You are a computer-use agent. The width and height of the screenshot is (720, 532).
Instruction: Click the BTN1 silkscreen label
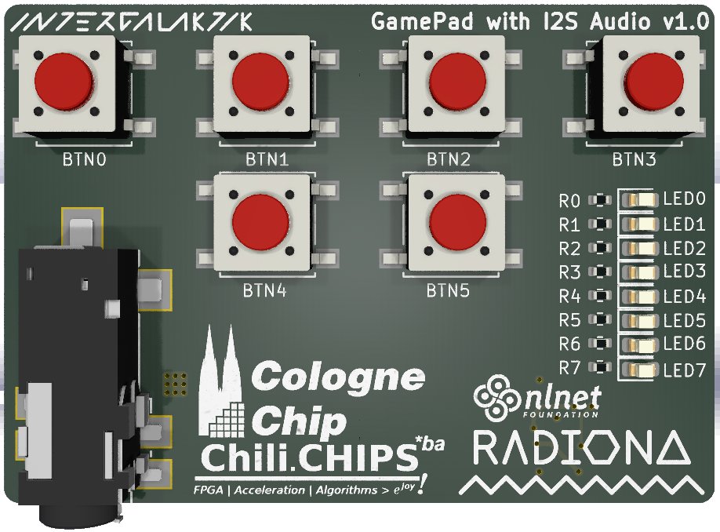point(267,160)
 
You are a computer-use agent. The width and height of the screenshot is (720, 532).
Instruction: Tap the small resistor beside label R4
point(600,296)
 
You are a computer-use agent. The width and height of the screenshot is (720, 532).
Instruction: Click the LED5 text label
point(685,320)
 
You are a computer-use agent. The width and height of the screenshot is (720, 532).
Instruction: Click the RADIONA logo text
point(581,450)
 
